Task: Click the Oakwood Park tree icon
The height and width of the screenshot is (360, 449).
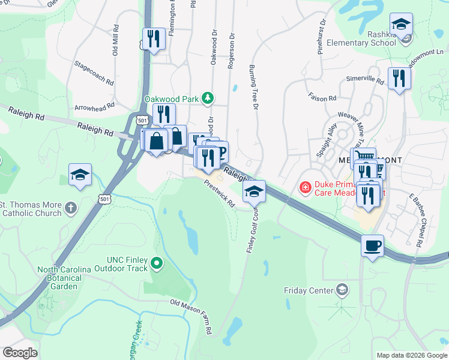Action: tap(208, 98)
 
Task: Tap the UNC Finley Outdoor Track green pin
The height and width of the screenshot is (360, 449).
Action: tap(157, 262)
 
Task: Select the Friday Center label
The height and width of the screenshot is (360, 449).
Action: tap(309, 291)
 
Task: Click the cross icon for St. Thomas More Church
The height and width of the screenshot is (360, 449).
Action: tap(71, 208)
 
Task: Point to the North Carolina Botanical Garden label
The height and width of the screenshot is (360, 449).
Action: tap(66, 278)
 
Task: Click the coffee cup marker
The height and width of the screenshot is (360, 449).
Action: tap(372, 246)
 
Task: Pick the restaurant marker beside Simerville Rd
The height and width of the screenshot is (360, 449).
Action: tap(399, 78)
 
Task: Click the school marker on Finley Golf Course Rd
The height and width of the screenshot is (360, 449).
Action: tap(254, 191)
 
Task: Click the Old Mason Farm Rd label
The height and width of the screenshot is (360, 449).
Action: tap(191, 316)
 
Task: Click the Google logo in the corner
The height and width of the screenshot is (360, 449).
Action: tap(20, 352)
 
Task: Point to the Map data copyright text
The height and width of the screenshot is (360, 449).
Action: tap(412, 355)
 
